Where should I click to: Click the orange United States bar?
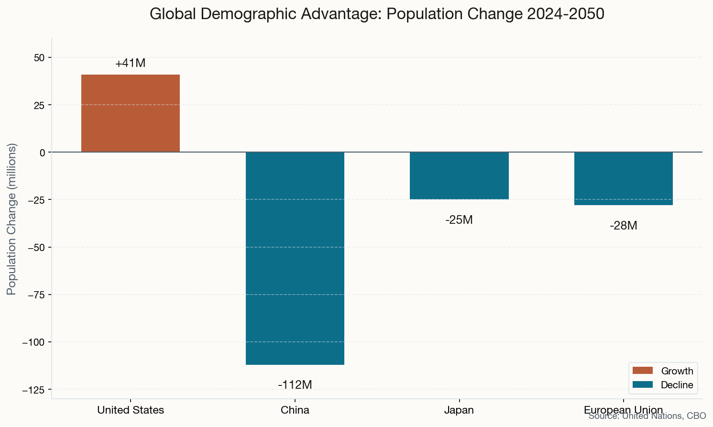point(131,113)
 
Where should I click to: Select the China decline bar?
point(295,258)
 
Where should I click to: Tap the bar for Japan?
point(459,175)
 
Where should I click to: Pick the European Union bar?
point(624,178)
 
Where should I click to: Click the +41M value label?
point(131,63)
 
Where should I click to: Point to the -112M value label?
point(295,384)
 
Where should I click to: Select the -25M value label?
point(459,220)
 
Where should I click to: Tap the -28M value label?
point(624,226)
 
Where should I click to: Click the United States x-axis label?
point(131,410)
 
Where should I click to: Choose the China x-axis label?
point(295,410)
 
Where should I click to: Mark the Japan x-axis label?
point(459,410)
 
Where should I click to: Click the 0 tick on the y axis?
point(42,153)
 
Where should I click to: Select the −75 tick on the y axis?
point(35,295)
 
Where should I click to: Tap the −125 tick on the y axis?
point(33,390)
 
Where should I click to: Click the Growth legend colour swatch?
point(642,371)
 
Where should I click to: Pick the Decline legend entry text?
point(677,385)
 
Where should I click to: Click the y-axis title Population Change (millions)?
point(12,219)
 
